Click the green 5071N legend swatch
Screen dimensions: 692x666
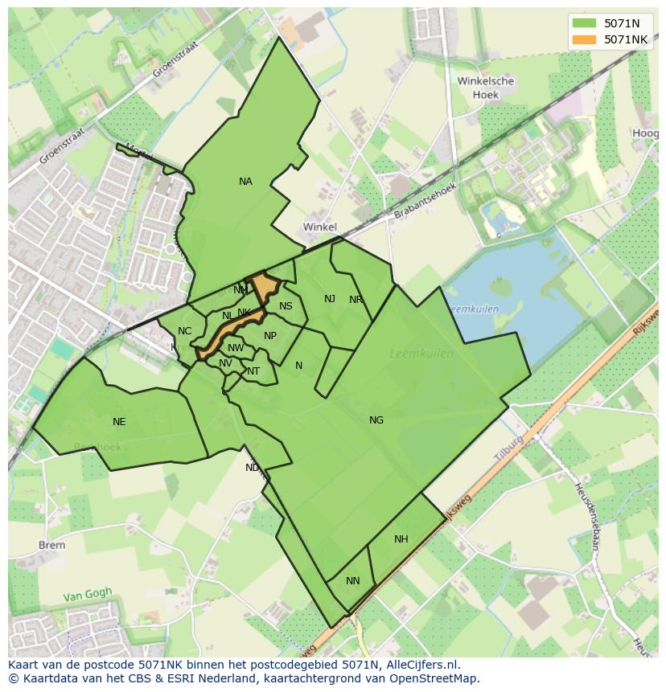(x=584, y=23)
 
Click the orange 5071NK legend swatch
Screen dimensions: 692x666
(x=584, y=39)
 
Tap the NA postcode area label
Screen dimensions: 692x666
(x=245, y=182)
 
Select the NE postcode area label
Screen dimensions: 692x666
(x=119, y=422)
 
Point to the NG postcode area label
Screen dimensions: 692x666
(x=376, y=420)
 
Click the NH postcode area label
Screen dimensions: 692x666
(x=401, y=539)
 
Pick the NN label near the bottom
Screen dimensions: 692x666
(x=353, y=581)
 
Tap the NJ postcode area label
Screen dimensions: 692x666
(x=330, y=299)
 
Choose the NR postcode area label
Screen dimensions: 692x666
(x=356, y=300)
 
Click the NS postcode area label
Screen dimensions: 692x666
(x=286, y=306)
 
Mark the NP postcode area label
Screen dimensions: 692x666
(x=270, y=336)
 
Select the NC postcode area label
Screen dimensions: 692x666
(x=185, y=331)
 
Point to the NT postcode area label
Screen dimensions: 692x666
(x=253, y=371)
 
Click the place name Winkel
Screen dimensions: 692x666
(x=319, y=227)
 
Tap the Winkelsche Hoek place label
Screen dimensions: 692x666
(x=485, y=88)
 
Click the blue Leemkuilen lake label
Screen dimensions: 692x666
(x=474, y=309)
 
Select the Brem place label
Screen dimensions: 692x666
(x=51, y=545)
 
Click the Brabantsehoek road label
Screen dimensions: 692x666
(x=425, y=201)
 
